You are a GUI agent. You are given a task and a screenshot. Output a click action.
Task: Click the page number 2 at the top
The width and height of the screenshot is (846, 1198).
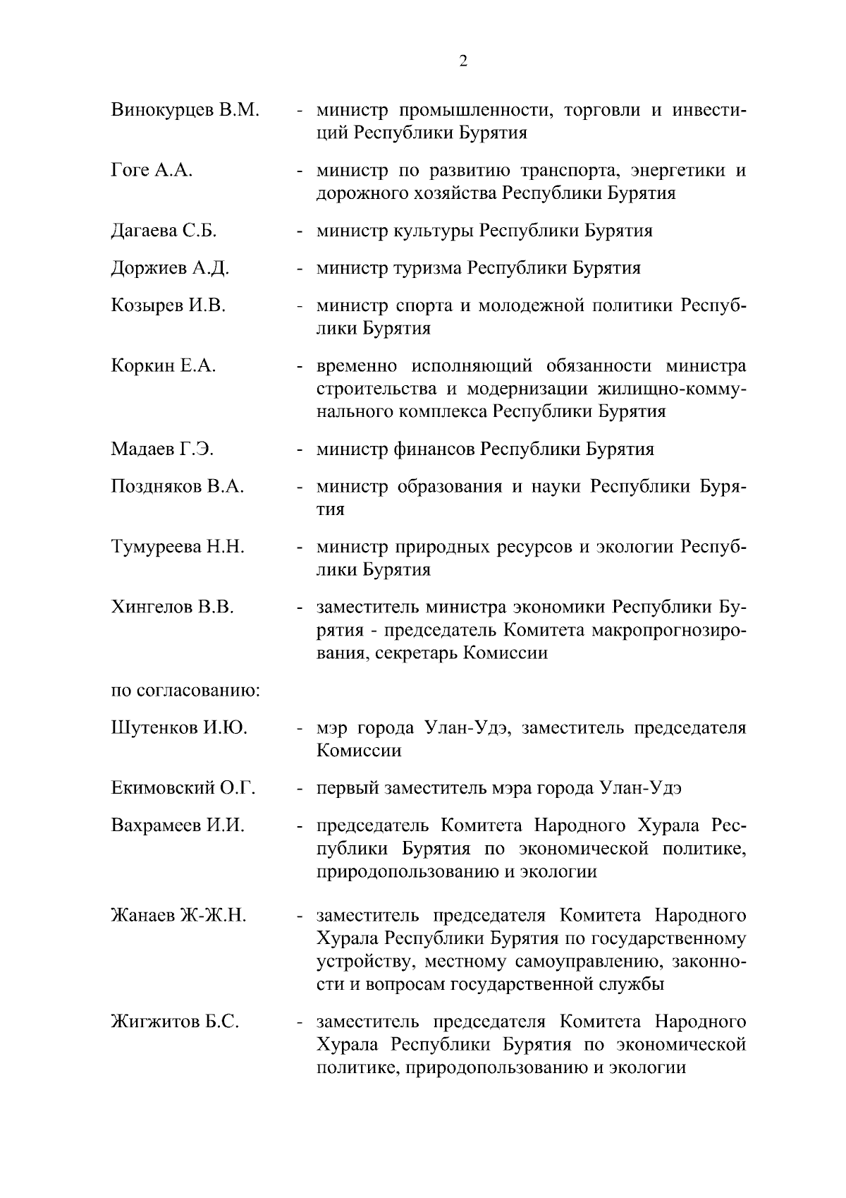click(463, 61)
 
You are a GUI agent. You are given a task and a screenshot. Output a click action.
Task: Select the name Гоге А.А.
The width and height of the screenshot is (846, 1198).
click(152, 170)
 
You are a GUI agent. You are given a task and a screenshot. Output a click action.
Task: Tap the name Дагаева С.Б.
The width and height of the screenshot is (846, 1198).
click(164, 231)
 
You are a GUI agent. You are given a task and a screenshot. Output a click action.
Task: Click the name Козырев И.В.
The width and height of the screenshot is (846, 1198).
click(168, 305)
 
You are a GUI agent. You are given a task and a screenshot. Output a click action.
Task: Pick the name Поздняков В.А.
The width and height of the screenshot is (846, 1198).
click(178, 487)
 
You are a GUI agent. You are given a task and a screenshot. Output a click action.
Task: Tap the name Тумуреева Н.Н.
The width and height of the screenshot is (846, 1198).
click(178, 547)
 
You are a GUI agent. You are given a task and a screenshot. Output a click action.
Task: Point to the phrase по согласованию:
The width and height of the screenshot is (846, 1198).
click(186, 690)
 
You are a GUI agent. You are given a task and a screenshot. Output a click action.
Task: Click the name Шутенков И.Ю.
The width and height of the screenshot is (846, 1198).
click(179, 728)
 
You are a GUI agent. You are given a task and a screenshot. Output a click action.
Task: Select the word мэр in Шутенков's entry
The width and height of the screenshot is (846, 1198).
click(331, 728)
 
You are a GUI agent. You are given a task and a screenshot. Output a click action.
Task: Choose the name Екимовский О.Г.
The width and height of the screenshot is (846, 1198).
click(183, 788)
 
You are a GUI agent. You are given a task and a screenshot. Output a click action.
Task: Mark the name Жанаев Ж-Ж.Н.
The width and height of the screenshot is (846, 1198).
click(178, 916)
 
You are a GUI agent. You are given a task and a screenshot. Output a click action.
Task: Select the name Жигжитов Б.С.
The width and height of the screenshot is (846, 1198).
click(175, 1022)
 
